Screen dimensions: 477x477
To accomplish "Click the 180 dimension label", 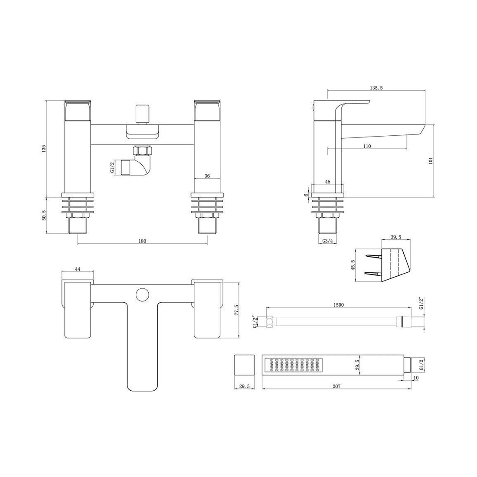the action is coord(142,241).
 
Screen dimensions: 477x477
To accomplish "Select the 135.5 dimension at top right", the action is coord(376,88).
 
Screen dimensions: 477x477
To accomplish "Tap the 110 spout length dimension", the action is coord(367,146).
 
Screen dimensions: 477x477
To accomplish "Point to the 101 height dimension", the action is coord(431,160).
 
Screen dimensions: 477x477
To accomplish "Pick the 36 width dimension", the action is coord(207,176).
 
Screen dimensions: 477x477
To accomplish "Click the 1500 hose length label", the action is coord(339,305).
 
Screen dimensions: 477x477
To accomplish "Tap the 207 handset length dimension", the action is coord(337,386).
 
